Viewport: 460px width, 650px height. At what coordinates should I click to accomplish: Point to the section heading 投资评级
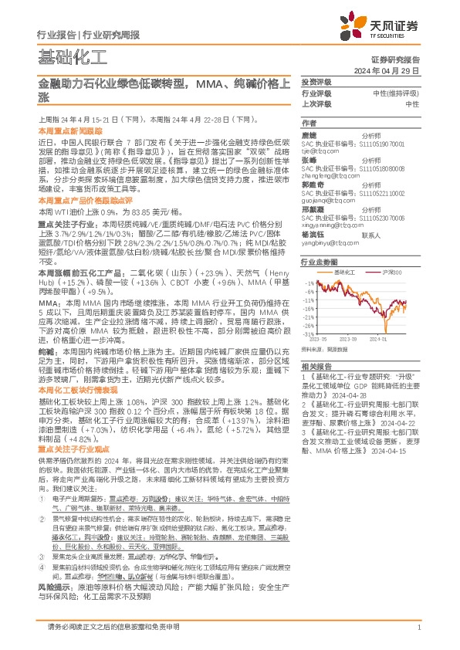(x=316, y=82)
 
